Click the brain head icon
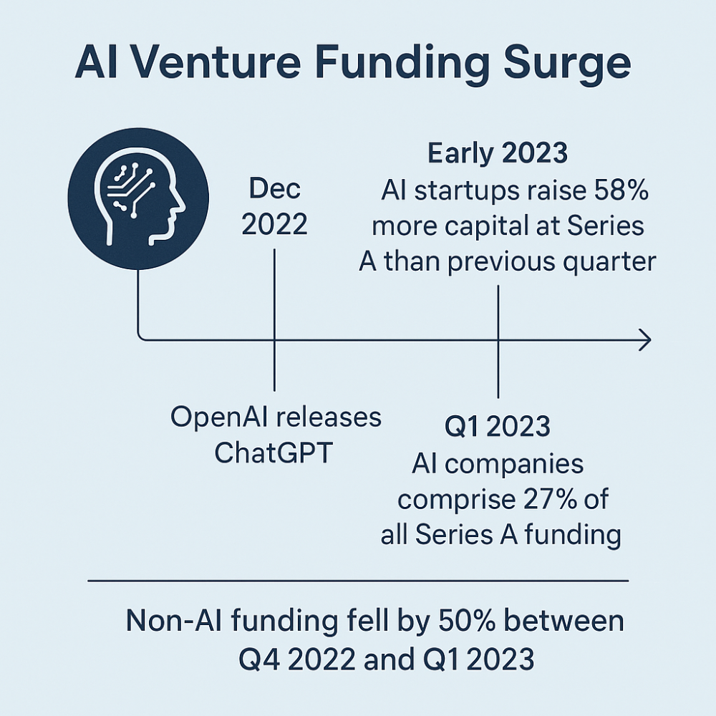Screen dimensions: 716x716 tap(138, 198)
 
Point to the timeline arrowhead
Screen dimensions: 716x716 tap(645, 339)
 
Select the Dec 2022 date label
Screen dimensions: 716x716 tap(274, 206)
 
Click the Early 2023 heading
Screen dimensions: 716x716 tap(498, 153)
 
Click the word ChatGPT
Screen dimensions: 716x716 tap(273, 453)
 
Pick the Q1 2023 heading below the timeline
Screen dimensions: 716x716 tap(498, 427)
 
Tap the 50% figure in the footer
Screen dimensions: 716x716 tap(467, 621)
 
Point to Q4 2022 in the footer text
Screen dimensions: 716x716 tap(297, 659)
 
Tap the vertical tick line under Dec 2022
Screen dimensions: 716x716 tap(274, 319)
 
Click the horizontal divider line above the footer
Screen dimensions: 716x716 tap(358, 581)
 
